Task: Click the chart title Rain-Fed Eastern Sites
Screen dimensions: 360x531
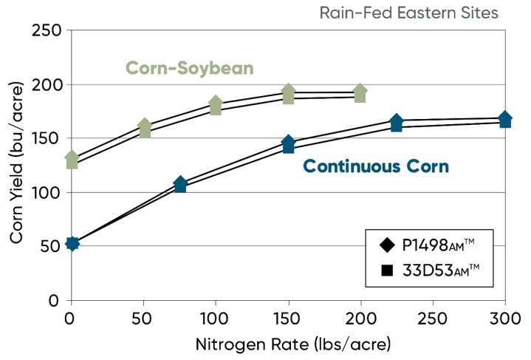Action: tap(408, 13)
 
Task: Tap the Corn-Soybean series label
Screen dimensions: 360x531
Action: tap(190, 68)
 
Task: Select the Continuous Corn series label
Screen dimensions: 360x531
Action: tap(376, 166)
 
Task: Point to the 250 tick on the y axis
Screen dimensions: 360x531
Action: tap(47, 31)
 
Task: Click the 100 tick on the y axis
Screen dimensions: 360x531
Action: tap(47, 192)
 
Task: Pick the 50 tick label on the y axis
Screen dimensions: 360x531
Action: tap(51, 246)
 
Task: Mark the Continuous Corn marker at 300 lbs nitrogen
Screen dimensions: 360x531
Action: tap(505, 120)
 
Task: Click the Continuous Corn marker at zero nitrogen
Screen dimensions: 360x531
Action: tap(72, 243)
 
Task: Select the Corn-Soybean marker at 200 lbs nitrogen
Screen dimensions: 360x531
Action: tap(360, 93)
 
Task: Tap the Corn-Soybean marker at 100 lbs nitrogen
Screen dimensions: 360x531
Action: tap(216, 105)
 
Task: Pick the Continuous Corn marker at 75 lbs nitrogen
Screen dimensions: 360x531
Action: tap(180, 185)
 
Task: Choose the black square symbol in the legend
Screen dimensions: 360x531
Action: tap(386, 271)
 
